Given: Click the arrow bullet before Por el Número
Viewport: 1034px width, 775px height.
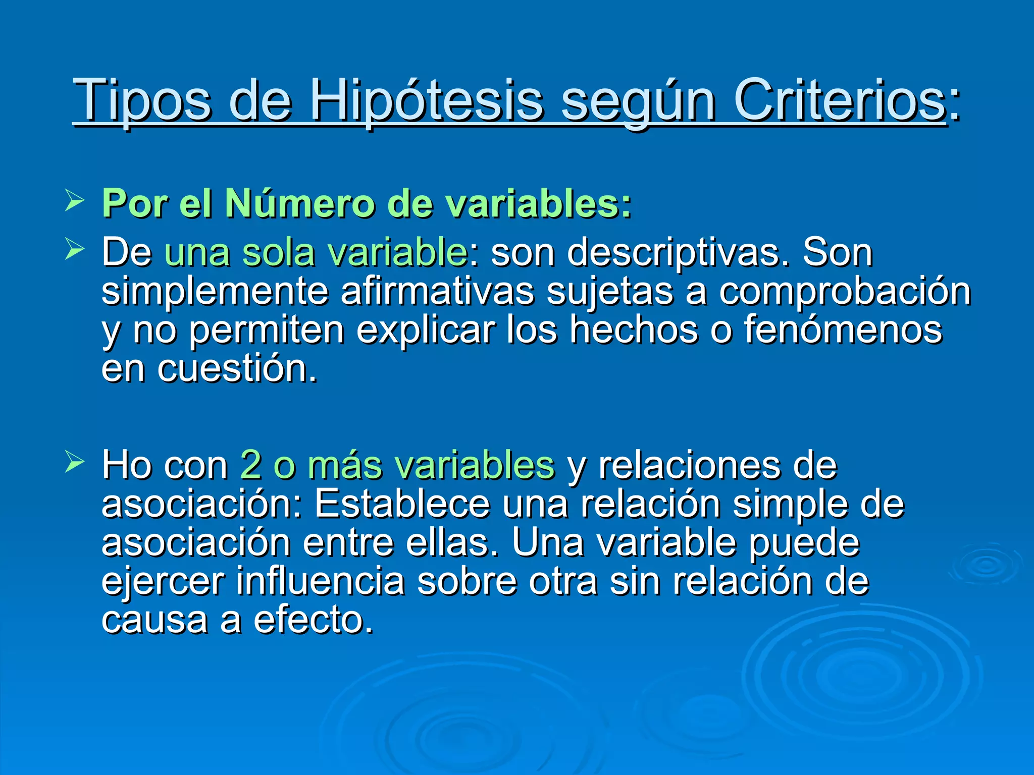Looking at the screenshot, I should click(x=74, y=202).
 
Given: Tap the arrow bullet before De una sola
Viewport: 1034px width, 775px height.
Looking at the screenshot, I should click(x=74, y=250).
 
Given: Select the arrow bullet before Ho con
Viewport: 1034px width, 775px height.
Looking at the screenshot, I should click(x=74, y=462).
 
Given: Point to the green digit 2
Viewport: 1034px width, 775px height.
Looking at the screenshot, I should click(x=250, y=465).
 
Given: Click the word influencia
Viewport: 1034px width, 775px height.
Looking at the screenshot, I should click(x=320, y=581).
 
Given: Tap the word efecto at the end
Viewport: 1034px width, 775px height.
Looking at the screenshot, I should click(x=313, y=620).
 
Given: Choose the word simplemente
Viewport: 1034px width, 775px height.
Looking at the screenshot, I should click(x=215, y=292).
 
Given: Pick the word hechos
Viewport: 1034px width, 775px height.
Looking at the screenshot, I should click(x=633, y=329).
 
